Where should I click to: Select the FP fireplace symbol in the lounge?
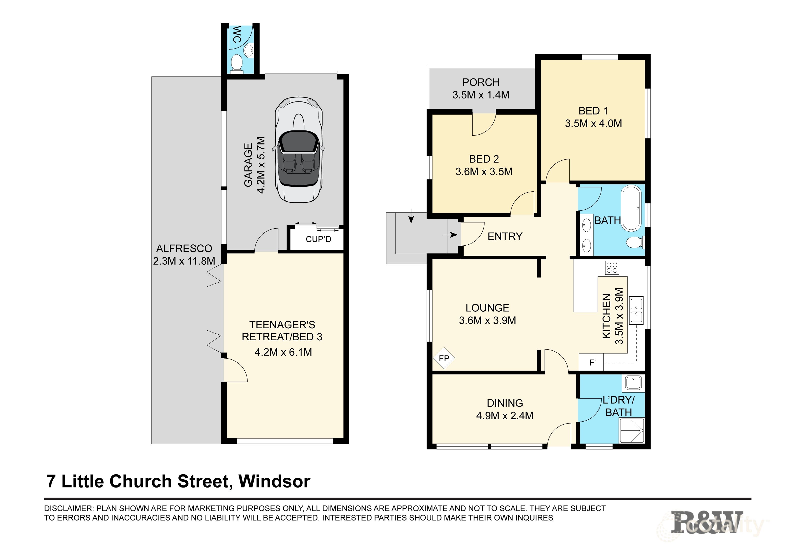pyautogui.click(x=444, y=358)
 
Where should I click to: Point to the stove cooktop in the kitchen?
pyautogui.click(x=612, y=268)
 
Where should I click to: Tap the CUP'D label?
pyautogui.click(x=318, y=239)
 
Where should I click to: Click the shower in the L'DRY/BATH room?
pyautogui.click(x=631, y=431)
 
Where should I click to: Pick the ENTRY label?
pyautogui.click(x=505, y=236)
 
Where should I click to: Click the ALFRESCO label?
pyautogui.click(x=184, y=248)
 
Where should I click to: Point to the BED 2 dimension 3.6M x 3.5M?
pyautogui.click(x=484, y=171)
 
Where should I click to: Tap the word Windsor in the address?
pyautogui.click(x=274, y=481)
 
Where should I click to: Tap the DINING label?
pyautogui.click(x=505, y=403)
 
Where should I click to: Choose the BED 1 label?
pyautogui.click(x=593, y=111)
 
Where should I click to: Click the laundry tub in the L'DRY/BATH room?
pyautogui.click(x=633, y=383)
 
